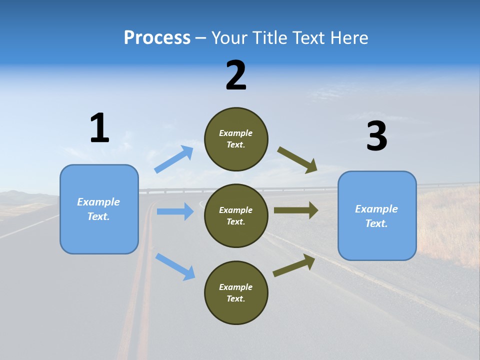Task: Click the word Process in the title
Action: coord(157,37)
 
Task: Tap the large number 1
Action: coord(99,128)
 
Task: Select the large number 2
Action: coord(236,75)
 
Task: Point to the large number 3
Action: coord(377,136)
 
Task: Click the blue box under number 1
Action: coord(99,209)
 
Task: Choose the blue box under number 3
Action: coord(377,215)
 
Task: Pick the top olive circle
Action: coord(236,139)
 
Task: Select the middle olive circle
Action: coord(236,215)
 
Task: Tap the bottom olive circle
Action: coord(236,292)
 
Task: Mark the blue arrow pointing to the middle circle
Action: coord(175,211)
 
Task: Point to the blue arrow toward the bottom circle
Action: coord(175,266)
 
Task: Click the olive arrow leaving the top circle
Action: coord(297,160)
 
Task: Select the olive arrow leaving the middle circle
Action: coord(296,210)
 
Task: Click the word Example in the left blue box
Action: coord(98,202)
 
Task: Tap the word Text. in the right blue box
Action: coord(376,223)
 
